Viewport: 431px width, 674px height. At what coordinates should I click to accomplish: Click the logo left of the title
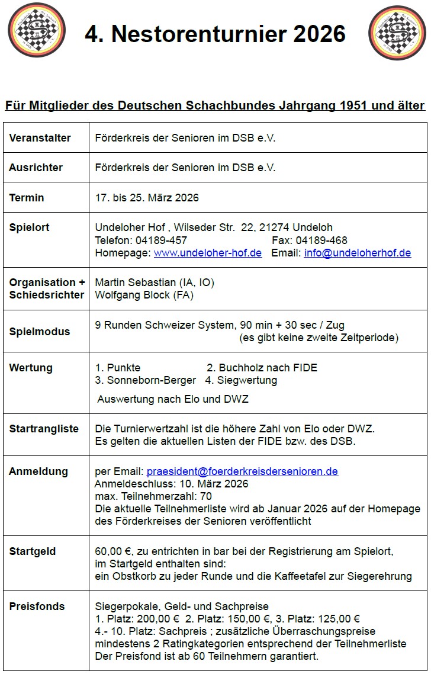pos(37,30)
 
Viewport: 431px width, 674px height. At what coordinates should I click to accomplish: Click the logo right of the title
pos(397,33)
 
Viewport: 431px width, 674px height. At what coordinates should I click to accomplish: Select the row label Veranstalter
pos(40,138)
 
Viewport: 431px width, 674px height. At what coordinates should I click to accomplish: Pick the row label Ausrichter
pos(36,168)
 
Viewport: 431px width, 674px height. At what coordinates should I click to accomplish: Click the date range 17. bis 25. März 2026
pos(147,198)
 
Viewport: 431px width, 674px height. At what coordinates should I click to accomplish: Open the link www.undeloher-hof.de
pos(207,253)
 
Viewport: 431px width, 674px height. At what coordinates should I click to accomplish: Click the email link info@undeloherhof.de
pos(357,253)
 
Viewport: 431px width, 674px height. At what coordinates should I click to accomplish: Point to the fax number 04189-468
pos(321,240)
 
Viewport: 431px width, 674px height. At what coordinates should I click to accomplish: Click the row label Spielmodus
pos(39,332)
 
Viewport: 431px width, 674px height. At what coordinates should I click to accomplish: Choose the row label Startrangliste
pos(43,429)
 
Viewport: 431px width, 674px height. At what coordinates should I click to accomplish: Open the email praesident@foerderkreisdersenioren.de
pos(242,472)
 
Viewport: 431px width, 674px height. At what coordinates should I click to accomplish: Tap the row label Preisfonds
pos(37,606)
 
